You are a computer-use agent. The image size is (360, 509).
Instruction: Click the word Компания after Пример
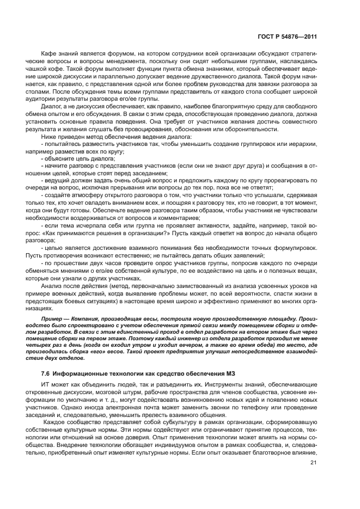pyautogui.click(x=87, y=317)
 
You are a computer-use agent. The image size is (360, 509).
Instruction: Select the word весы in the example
pyautogui.click(x=149, y=317)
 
